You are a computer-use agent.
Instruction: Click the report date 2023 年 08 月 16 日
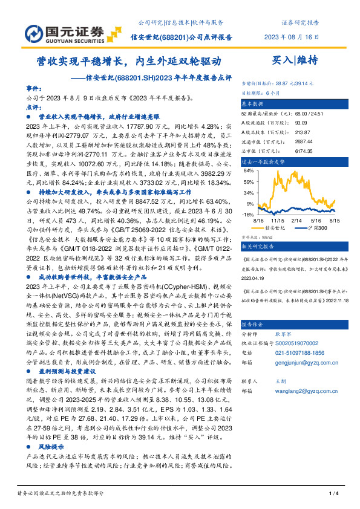click(292, 36)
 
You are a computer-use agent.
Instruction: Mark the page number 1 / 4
click(332, 493)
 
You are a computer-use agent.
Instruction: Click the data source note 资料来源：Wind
click(257, 238)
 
